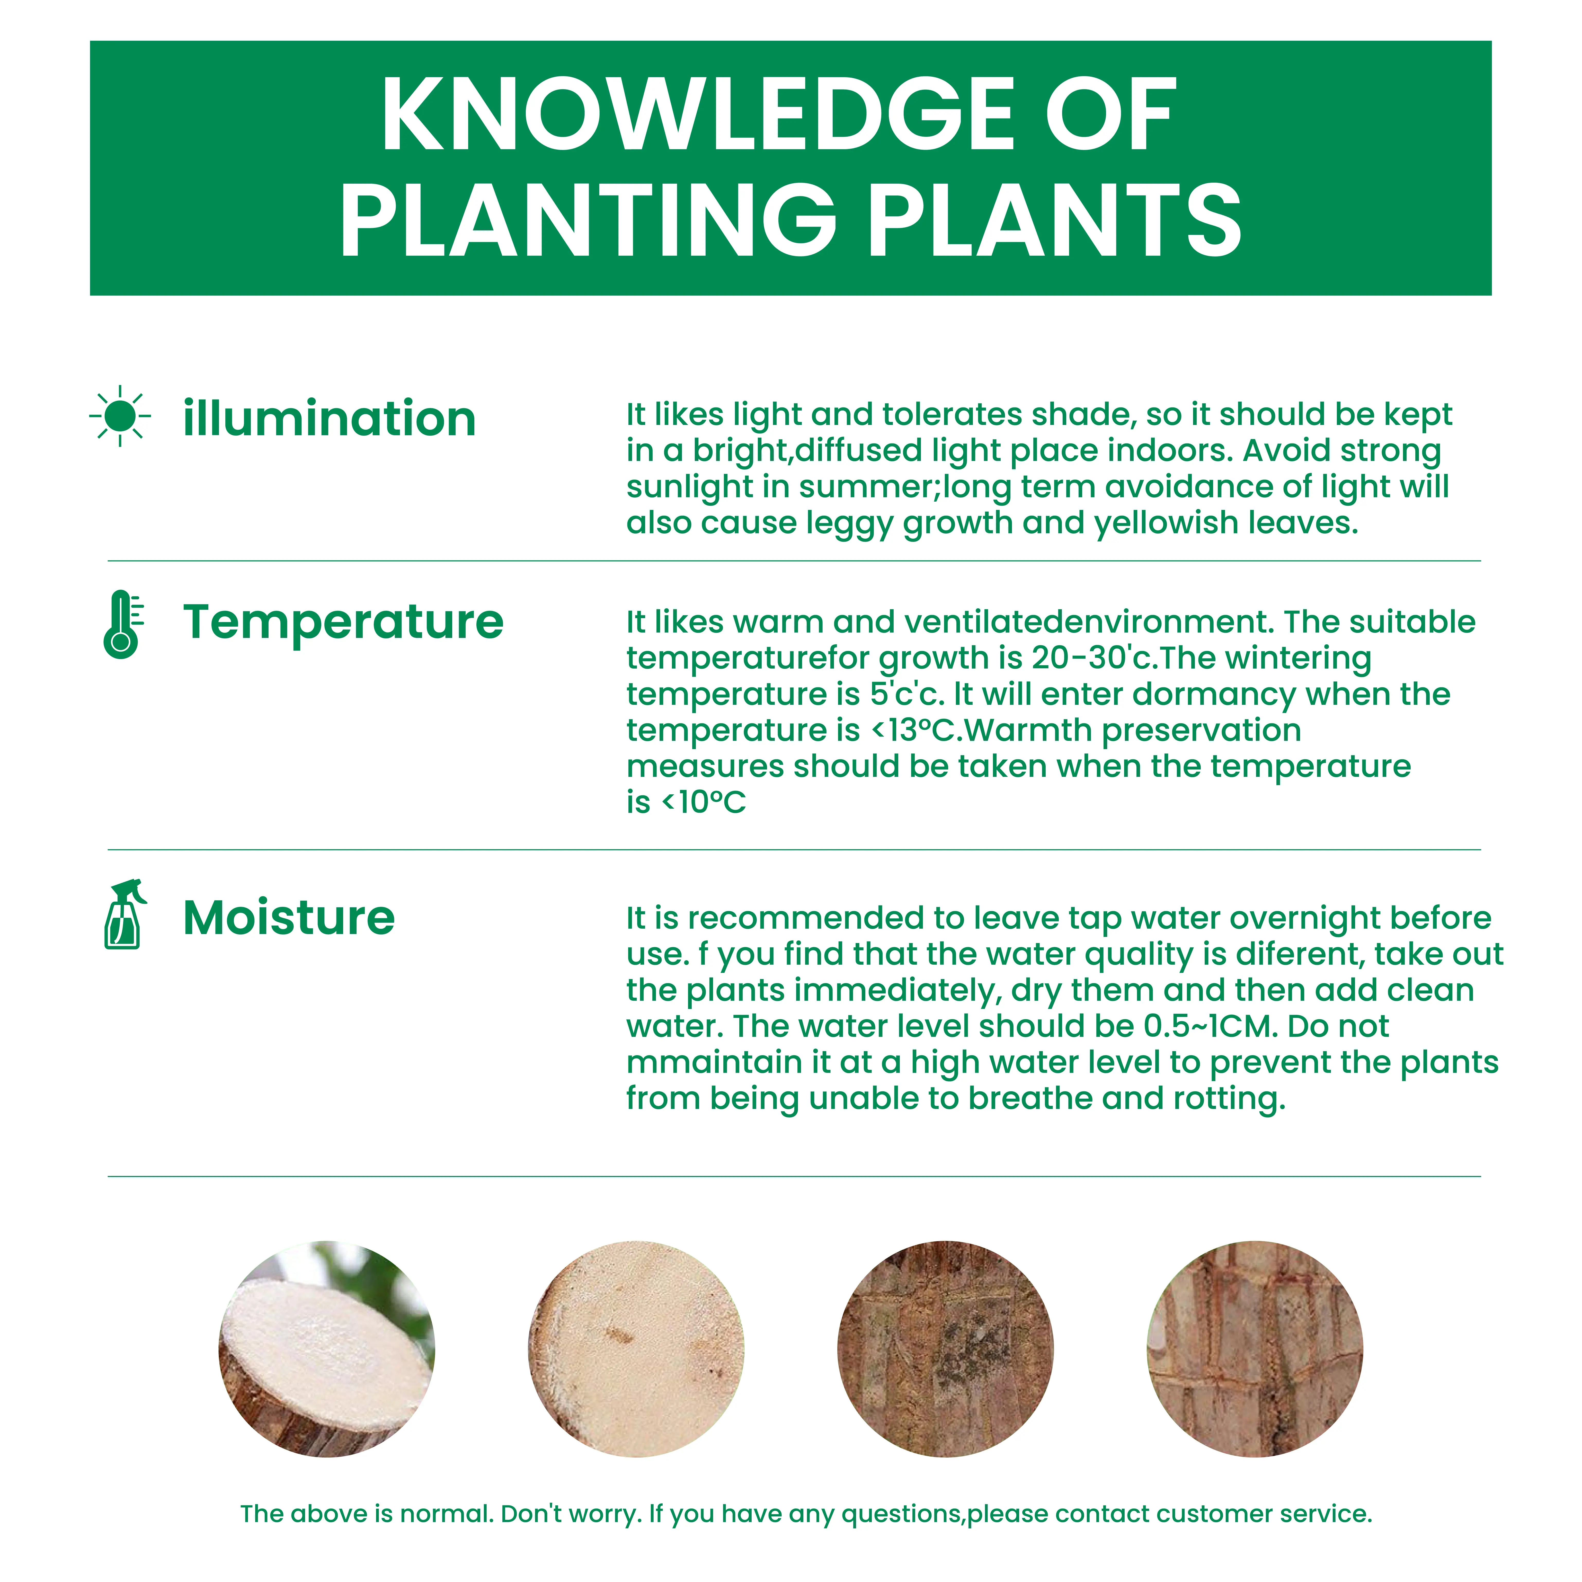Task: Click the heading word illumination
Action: click(x=329, y=419)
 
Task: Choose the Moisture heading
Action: click(x=289, y=917)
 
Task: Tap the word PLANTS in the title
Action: click(x=1055, y=219)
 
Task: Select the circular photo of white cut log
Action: click(x=327, y=1349)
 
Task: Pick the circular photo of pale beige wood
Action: click(x=636, y=1349)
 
